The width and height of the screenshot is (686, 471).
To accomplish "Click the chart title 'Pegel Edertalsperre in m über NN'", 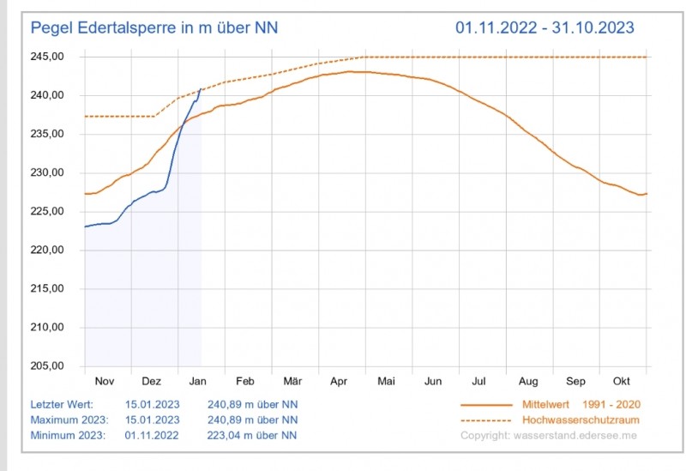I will click(154, 27).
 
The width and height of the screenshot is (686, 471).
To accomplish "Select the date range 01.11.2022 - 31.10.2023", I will click(545, 27).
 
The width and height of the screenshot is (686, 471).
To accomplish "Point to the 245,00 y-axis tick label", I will click(48, 57).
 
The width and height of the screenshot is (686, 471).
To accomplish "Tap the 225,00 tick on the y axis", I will click(48, 212).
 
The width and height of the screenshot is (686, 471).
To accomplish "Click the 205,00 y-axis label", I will click(48, 366).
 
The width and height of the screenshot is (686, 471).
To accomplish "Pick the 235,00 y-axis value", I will click(48, 134).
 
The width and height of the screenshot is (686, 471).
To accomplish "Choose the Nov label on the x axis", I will click(104, 381).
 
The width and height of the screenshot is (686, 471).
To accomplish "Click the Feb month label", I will click(244, 381).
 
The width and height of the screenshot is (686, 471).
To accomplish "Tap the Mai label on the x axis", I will click(386, 381).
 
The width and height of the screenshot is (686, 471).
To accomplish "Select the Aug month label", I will click(528, 381).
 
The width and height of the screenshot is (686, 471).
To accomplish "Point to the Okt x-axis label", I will click(622, 381).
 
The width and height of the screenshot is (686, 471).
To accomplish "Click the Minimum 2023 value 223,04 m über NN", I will click(253, 435).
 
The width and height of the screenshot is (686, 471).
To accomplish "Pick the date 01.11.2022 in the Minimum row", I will click(152, 435).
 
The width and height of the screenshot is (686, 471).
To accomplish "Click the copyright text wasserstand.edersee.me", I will click(548, 436).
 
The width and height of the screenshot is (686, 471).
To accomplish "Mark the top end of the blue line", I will click(201, 88).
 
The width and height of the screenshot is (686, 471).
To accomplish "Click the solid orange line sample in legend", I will click(486, 404).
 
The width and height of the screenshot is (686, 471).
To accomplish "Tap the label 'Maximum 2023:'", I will click(69, 420).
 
